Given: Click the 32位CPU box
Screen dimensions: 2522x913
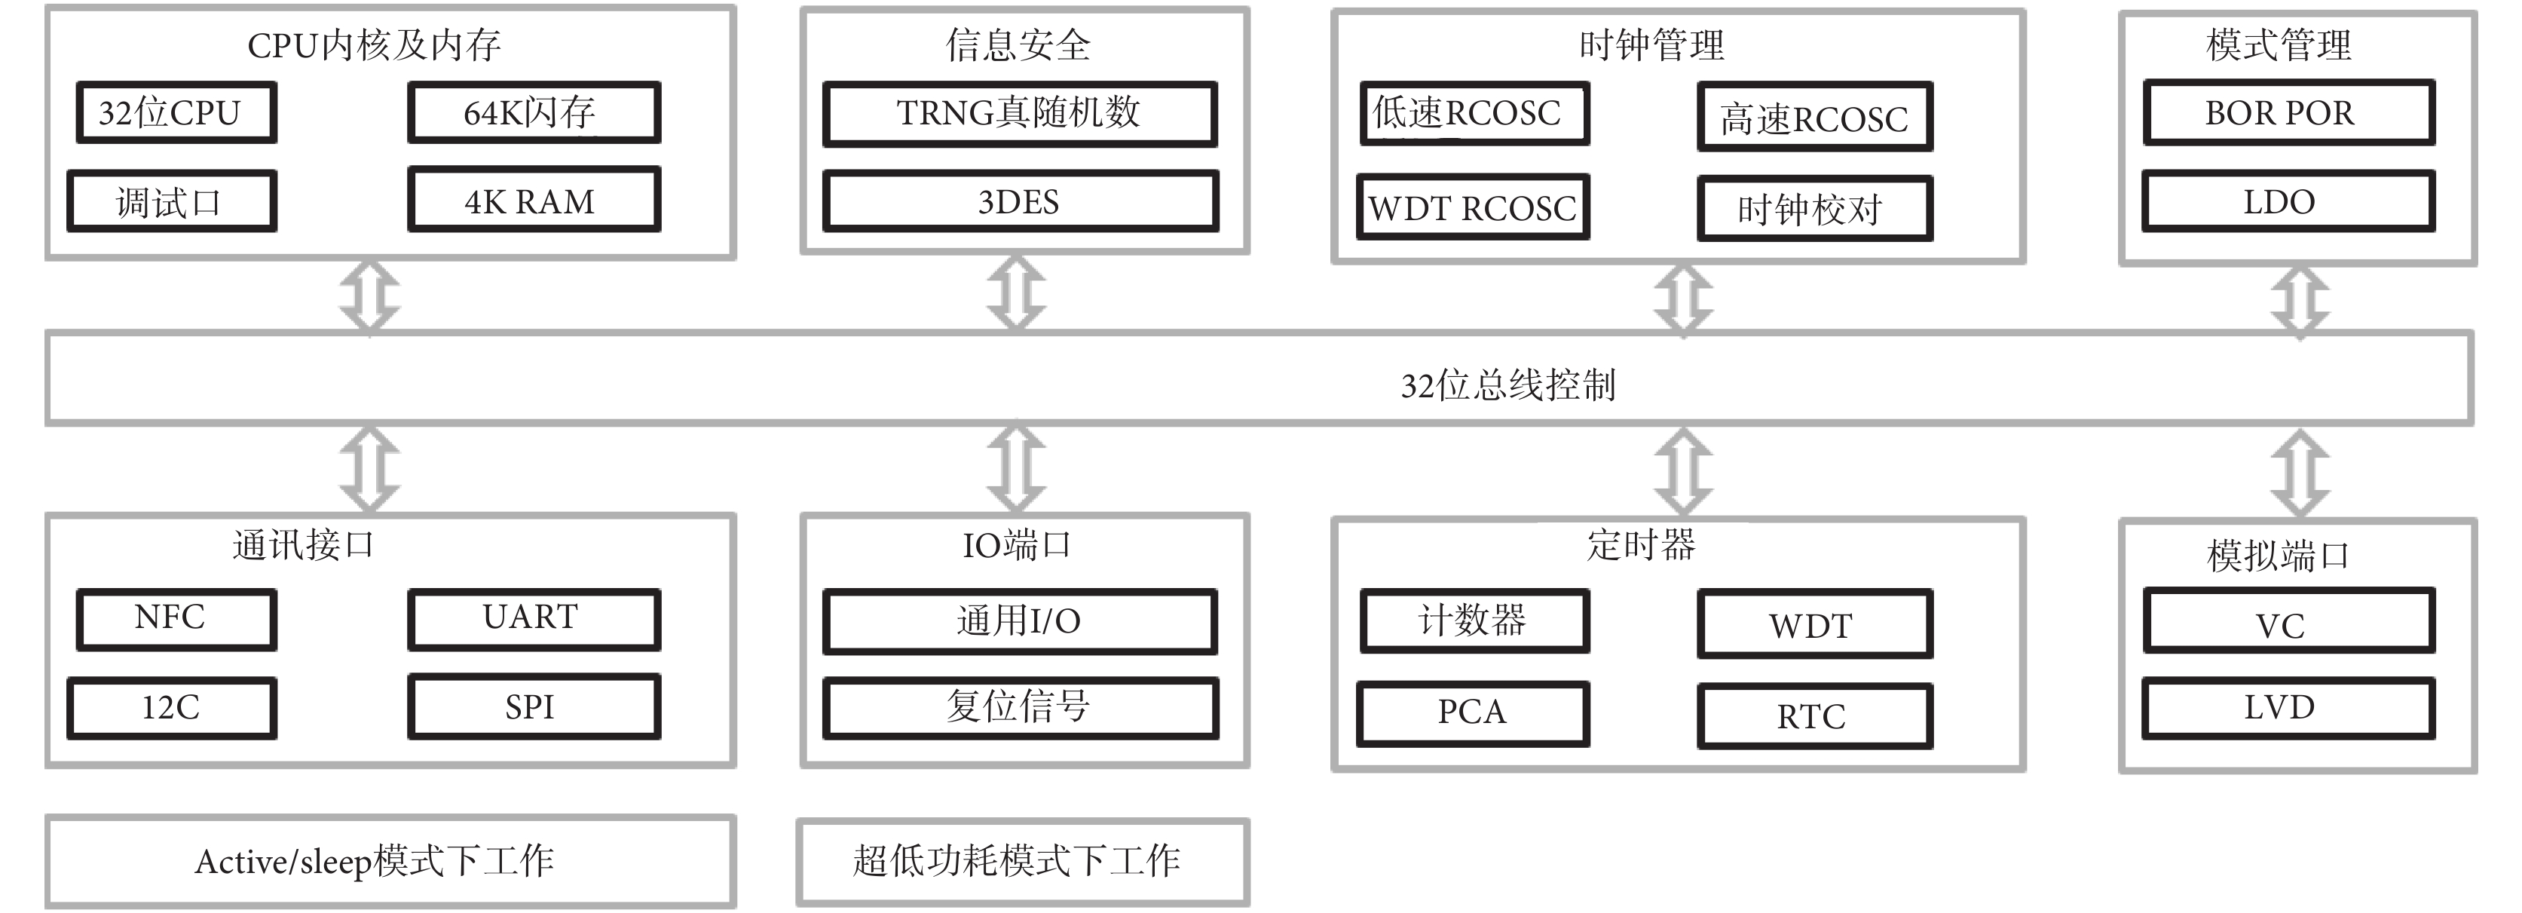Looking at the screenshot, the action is click(x=176, y=112).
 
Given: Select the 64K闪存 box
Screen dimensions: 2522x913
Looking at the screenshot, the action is click(x=534, y=112).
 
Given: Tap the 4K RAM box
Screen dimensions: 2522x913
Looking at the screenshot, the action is click(x=534, y=200).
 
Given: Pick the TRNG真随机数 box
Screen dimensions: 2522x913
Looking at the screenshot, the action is click(x=1020, y=114).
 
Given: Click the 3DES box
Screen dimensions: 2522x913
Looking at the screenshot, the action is click(x=1020, y=202).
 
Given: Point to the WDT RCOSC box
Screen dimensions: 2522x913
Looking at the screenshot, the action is click(x=1473, y=207).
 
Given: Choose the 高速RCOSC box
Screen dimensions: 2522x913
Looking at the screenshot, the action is click(x=1814, y=118).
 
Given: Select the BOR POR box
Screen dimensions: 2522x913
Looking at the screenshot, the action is click(x=2288, y=112).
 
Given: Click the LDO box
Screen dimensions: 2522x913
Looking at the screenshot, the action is click(x=2288, y=201).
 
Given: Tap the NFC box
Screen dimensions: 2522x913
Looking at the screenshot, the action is click(x=176, y=619).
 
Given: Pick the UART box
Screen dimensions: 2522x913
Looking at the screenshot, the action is click(x=534, y=619).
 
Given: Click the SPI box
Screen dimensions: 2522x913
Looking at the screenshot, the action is click(x=534, y=706).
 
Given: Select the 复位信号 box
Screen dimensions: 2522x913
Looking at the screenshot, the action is click(x=1020, y=707).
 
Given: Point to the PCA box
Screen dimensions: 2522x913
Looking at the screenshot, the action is click(x=1473, y=714).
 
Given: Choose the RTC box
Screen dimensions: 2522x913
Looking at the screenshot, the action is click(x=1814, y=716).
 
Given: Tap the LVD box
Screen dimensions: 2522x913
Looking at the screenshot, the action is click(x=2288, y=707).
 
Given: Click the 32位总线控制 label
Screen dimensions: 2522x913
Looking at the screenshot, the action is click(x=1507, y=385).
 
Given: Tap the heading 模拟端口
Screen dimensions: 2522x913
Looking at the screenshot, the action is click(x=2279, y=556).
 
